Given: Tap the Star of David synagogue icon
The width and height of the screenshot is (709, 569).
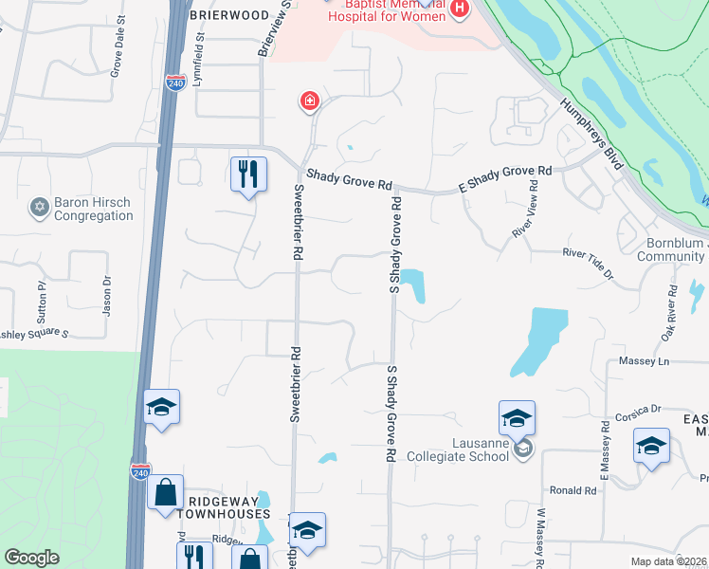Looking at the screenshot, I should tap(39, 207).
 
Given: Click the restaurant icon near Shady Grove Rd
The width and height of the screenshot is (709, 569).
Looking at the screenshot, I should tap(248, 174).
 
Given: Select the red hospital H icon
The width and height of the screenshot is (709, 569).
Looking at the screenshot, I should tap(461, 9).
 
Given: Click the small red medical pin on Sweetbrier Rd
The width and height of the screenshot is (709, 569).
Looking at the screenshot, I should tap(309, 101).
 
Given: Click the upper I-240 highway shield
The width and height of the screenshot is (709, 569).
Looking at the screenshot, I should tap(174, 83).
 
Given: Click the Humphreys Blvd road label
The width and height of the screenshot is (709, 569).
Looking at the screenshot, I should tap(590, 134).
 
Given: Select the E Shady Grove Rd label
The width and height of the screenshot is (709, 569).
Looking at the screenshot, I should tap(505, 179).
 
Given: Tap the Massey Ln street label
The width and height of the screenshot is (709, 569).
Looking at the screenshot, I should tap(644, 361).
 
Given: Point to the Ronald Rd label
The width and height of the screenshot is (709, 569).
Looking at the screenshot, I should tap(573, 490).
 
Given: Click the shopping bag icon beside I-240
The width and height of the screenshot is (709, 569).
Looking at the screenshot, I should tap(165, 494).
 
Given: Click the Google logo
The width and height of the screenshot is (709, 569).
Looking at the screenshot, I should tap(32, 558).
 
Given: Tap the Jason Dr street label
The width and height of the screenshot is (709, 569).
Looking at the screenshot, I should tap(107, 296).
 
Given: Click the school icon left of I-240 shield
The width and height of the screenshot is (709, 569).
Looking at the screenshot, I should tap(162, 409).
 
